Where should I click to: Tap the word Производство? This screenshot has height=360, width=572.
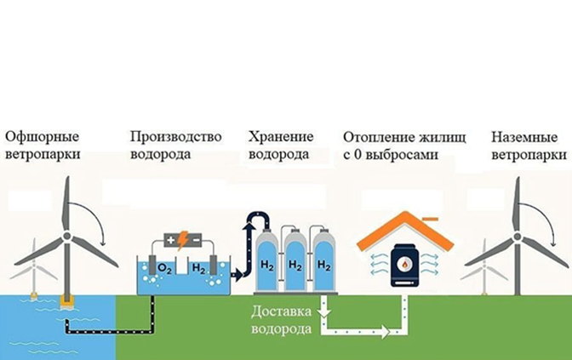coord(175,137)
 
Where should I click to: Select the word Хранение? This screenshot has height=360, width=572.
coord(280,137)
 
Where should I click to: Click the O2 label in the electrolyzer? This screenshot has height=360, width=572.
coord(165,269)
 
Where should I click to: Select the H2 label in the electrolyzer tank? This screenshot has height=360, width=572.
coord(197,269)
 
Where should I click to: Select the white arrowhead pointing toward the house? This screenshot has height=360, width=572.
coord(387,330)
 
